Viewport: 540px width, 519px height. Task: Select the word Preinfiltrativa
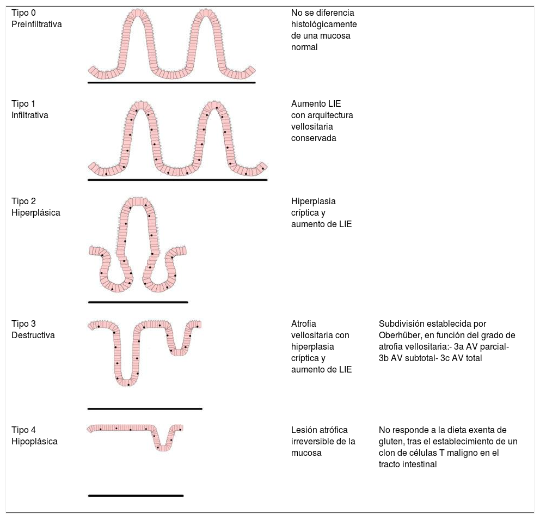coord(36,24)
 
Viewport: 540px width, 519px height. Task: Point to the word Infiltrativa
coord(30,115)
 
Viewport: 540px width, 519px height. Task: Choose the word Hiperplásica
coord(36,213)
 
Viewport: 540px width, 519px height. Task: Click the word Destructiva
coord(33,335)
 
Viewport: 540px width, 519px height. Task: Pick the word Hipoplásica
coord(34,442)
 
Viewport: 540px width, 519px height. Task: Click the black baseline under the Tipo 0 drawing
coord(171,83)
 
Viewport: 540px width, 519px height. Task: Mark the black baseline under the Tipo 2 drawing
coord(138,302)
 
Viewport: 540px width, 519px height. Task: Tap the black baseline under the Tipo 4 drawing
coord(136,496)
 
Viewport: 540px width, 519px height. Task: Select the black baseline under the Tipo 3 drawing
coord(145,408)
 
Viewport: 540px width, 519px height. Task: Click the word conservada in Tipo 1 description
coord(314,138)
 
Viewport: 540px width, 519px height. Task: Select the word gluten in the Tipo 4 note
coord(391,441)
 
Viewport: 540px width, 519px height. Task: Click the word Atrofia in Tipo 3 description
coord(304,323)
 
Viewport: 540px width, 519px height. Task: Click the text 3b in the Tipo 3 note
coord(384,358)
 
